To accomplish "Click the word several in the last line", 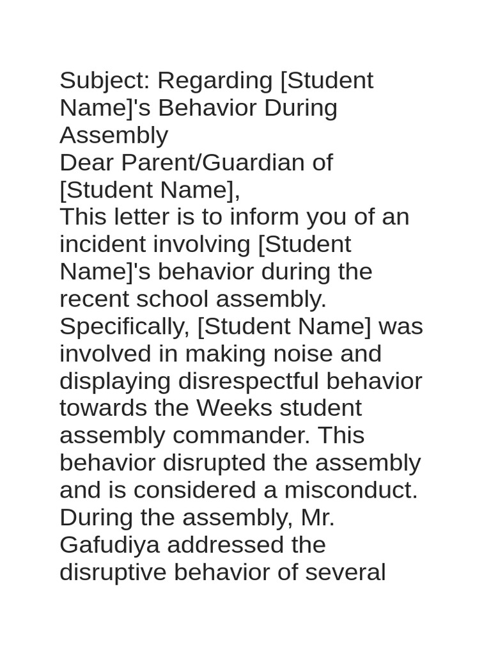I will coord(345,572).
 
